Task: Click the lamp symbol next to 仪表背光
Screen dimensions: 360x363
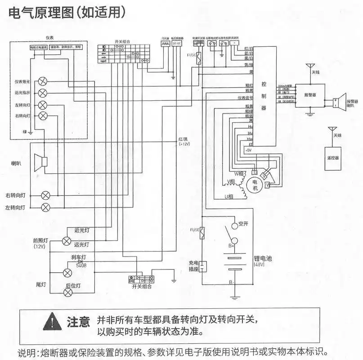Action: point(43,81)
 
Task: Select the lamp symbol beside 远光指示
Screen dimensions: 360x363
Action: point(43,93)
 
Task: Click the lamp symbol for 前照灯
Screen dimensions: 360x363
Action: point(67,241)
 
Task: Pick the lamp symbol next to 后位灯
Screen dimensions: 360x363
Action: point(68,292)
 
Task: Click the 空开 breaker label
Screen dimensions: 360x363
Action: point(243,224)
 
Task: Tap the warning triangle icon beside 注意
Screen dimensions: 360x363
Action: point(54,321)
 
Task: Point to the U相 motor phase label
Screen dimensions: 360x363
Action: point(229,197)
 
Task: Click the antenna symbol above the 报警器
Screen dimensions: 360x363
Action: point(310,68)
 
